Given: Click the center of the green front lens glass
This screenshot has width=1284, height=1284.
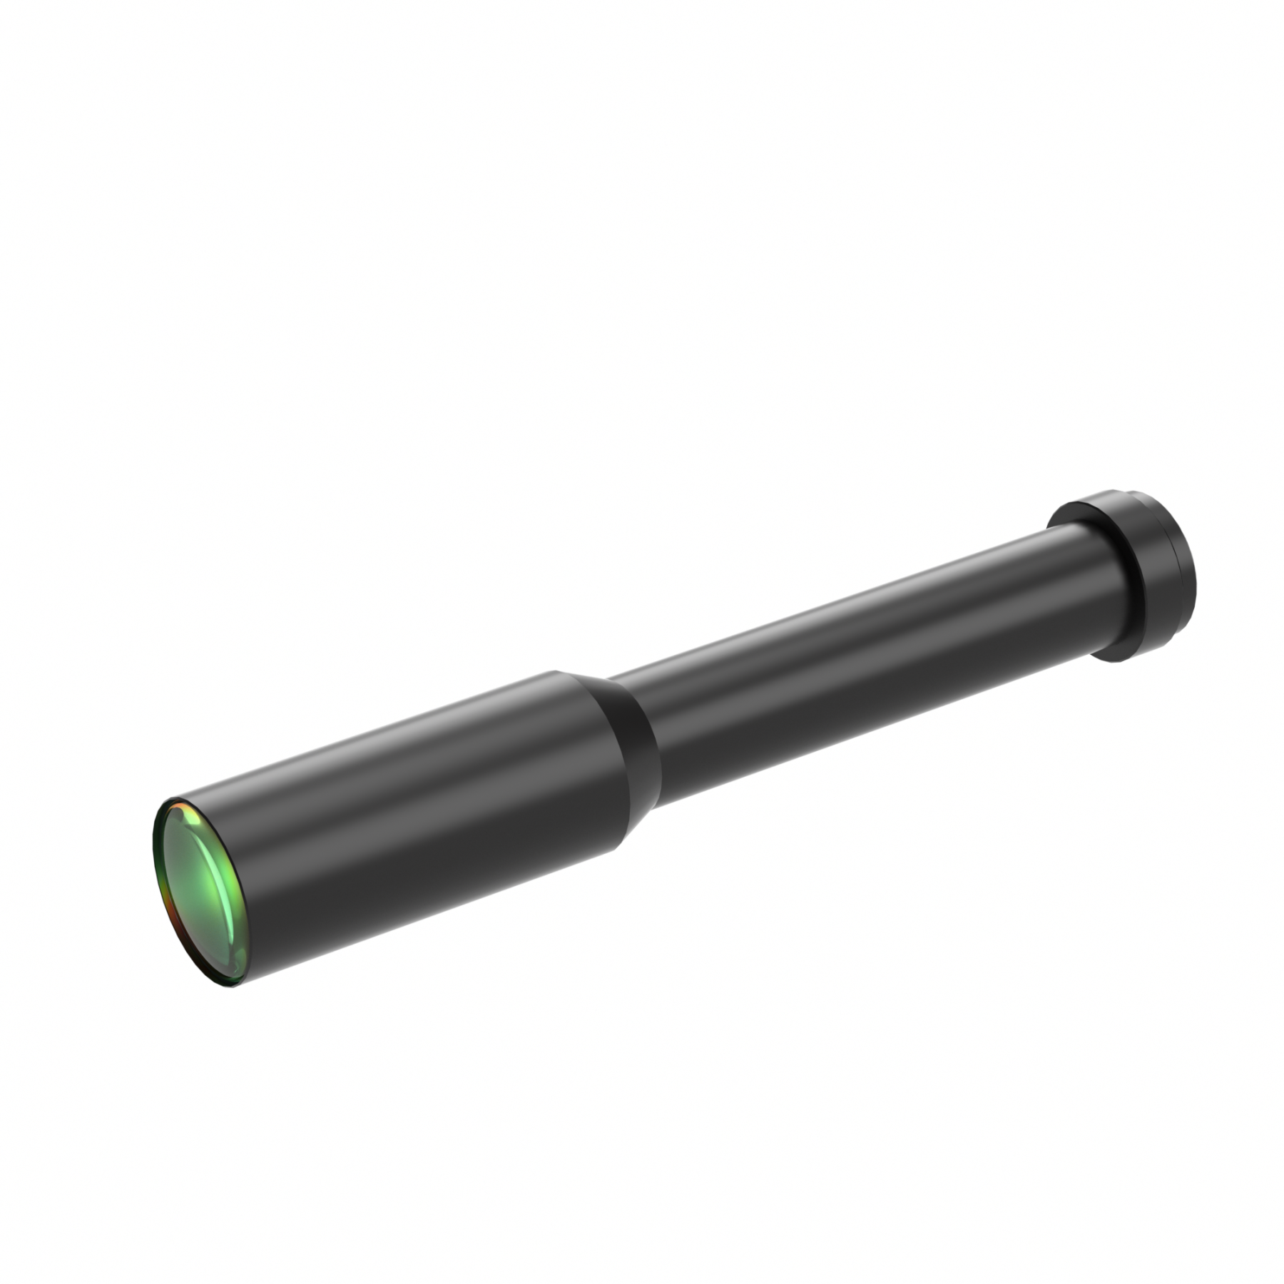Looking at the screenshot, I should pyautogui.click(x=200, y=892).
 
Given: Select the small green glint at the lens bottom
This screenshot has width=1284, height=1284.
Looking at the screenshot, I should pyautogui.click(x=227, y=981).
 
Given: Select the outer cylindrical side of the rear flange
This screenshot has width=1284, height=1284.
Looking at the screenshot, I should pyautogui.click(x=1156, y=571).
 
